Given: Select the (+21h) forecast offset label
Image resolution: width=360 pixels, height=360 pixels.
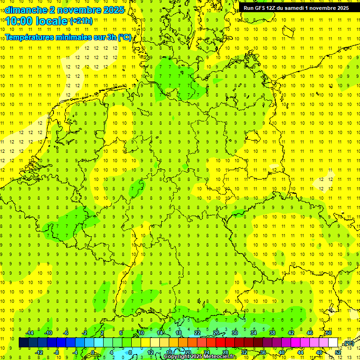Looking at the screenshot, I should click(81, 21).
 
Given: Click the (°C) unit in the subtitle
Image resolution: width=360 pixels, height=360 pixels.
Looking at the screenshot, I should click(125, 37).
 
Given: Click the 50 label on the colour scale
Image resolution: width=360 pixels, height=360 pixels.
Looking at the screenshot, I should click(329, 333).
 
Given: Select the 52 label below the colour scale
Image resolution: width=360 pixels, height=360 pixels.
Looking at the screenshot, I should click(337, 352).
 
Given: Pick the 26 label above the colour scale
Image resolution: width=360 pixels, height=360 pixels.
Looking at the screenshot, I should click(216, 333).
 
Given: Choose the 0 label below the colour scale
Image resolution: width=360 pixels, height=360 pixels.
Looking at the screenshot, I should click(93, 352).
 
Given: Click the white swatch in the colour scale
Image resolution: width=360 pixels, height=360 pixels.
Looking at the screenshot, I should click(333, 343).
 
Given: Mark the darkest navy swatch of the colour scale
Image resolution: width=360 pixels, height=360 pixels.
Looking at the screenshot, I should click(23, 343).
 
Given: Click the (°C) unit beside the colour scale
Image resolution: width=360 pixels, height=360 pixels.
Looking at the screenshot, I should click(349, 344).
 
